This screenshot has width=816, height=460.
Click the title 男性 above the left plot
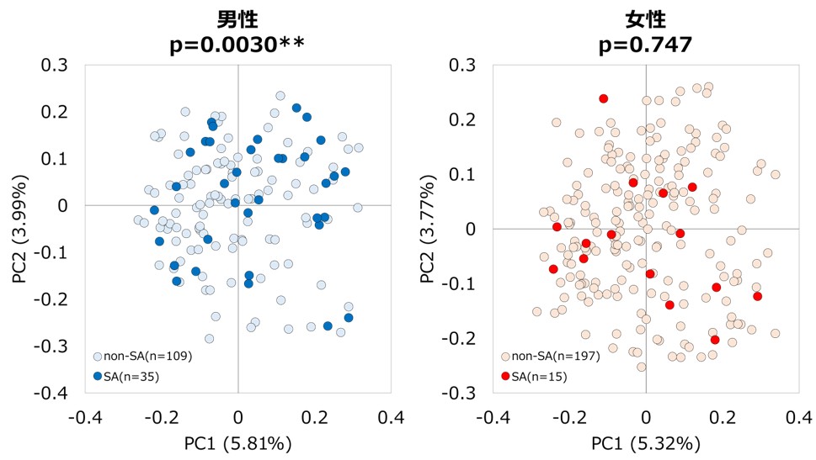(238, 19)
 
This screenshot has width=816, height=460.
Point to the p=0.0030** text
(238, 44)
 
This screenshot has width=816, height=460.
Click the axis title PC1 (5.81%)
(238, 442)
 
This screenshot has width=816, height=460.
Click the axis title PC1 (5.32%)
(646, 442)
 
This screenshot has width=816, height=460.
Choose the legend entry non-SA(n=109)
(143, 356)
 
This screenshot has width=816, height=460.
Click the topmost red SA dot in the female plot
(604, 98)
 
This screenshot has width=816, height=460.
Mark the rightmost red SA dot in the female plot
(758, 296)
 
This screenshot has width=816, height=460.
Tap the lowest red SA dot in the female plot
(715, 340)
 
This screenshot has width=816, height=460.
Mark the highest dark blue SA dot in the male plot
(296, 108)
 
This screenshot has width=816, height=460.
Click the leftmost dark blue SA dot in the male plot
(154, 210)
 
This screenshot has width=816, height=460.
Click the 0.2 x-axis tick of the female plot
(723, 417)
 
